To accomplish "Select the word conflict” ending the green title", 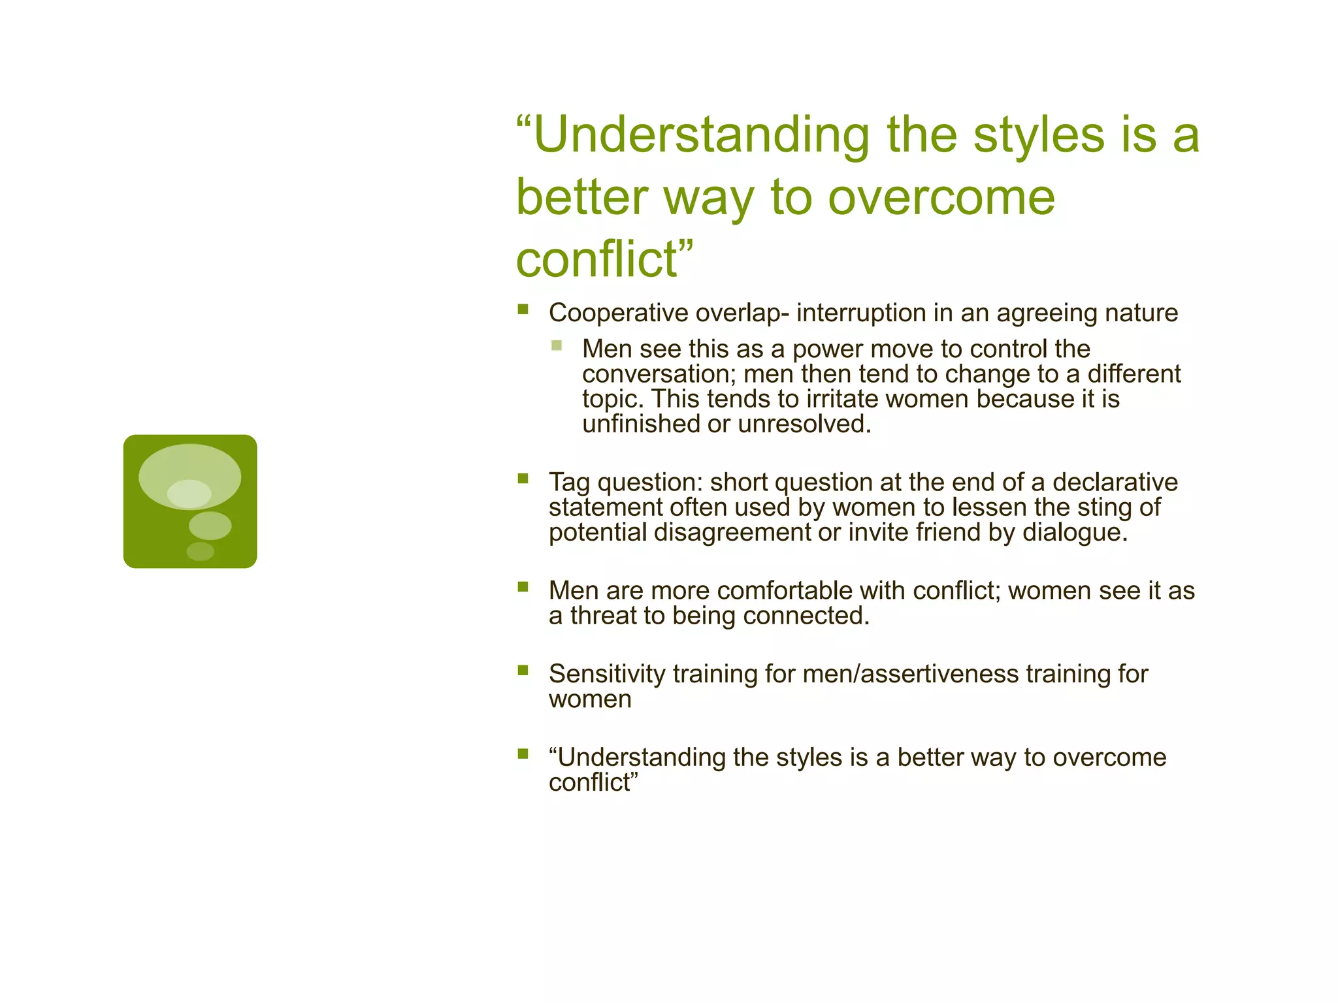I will (604, 260).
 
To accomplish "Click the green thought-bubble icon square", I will (190, 501).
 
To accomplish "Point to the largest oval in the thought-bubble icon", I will (190, 475).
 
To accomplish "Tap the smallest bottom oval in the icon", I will (200, 551).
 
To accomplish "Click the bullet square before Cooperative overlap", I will (523, 310).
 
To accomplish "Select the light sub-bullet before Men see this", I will (556, 345).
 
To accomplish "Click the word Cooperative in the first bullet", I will (618, 313).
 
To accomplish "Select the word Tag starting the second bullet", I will (569, 483).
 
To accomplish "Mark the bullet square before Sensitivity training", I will (523, 670).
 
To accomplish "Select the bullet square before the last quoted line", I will (523, 754).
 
